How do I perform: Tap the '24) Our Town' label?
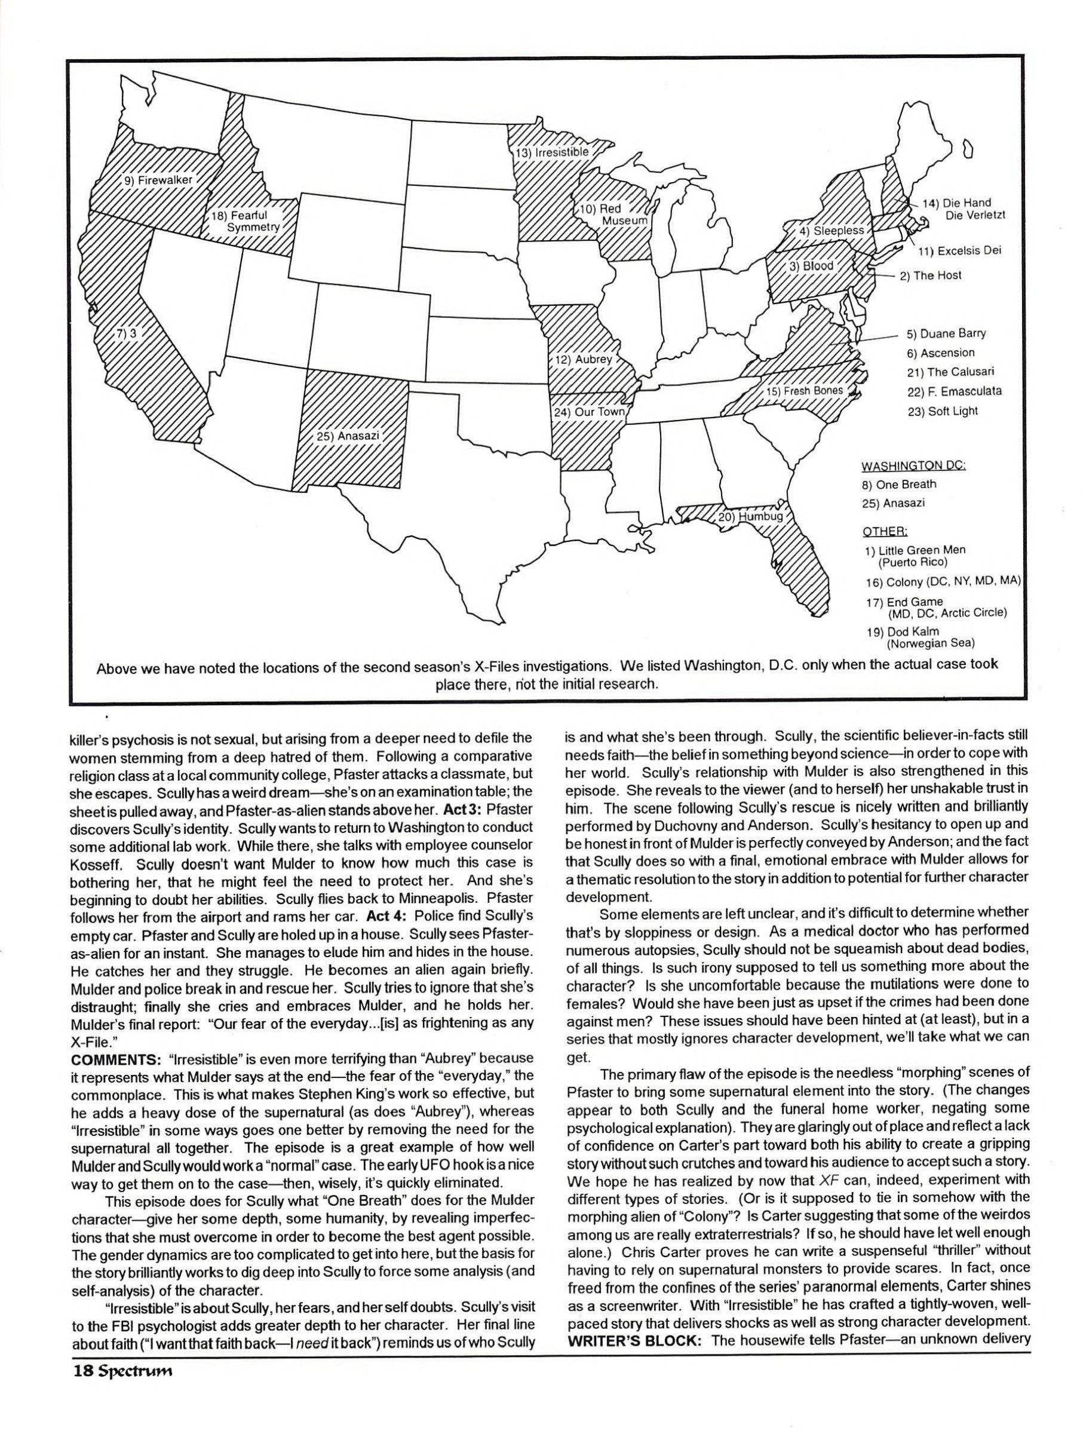pyautogui.click(x=589, y=412)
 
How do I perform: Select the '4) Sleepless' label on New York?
pyautogui.click(x=831, y=230)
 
